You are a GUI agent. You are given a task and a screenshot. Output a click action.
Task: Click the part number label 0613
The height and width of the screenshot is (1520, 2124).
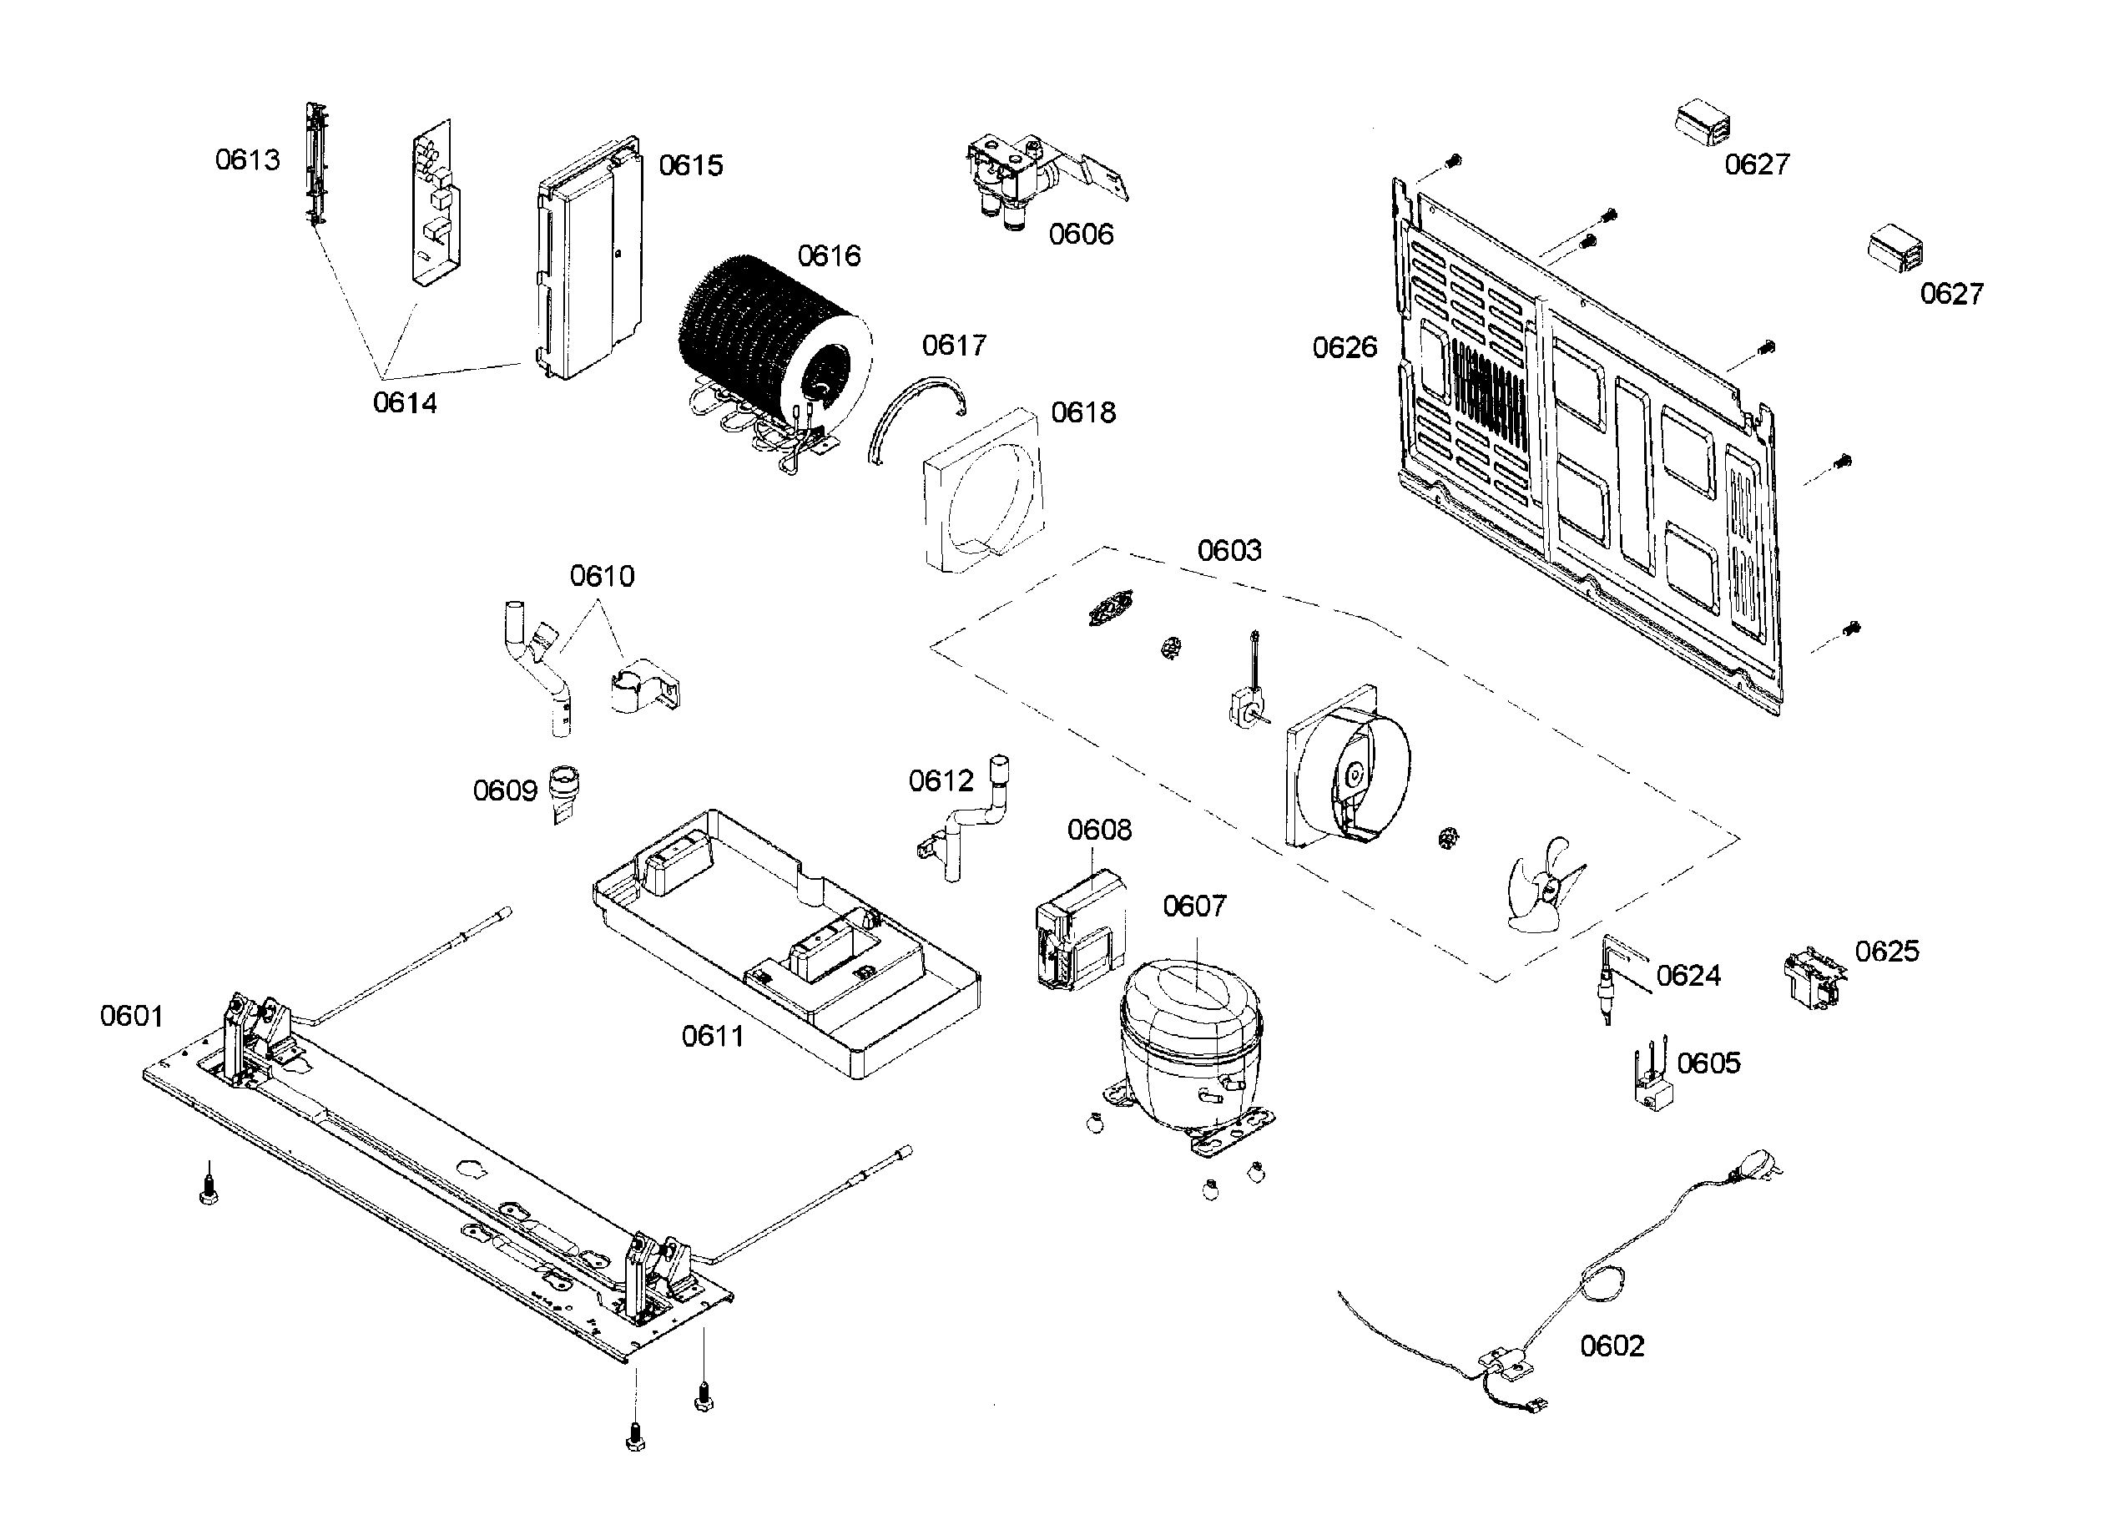(247, 160)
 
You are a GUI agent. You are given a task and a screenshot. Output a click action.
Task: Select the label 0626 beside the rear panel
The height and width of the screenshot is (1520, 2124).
(1345, 348)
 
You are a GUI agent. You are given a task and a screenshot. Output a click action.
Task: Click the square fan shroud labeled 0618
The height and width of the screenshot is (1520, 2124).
(982, 492)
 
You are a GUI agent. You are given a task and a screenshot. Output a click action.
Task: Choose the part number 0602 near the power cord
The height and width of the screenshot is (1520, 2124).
(1612, 1346)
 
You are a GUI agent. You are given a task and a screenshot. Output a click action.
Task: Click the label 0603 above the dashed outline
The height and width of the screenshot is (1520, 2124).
(1228, 550)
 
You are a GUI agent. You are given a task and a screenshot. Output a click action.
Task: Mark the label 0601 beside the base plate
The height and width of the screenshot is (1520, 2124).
(131, 1016)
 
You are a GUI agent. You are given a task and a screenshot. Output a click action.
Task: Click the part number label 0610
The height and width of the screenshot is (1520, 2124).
(602, 576)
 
